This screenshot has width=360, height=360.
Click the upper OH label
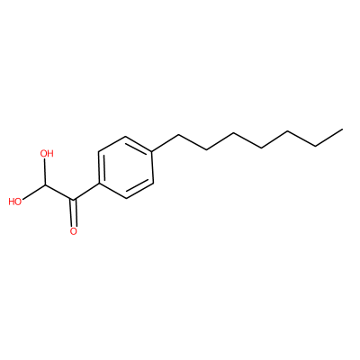pyautogui.click(x=47, y=154)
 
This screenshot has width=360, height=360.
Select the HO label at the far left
pyautogui.click(x=15, y=202)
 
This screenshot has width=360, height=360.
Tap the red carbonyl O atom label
pyautogui.click(x=73, y=231)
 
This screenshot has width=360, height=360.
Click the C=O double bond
pyautogui.click(x=73, y=213)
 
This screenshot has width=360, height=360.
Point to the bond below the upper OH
pyautogui.click(x=45, y=172)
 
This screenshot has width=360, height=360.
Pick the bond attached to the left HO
pyautogui.click(x=34, y=192)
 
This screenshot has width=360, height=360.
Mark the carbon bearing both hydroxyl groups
pyautogui.click(x=45, y=184)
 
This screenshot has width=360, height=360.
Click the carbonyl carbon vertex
pyautogui.click(x=73, y=200)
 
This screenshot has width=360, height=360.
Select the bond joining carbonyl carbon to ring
pyautogui.click(x=85, y=192)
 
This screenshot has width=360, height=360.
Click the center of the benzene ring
pyautogui.click(x=126, y=167)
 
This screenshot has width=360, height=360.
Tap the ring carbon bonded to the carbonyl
pyautogui.click(x=99, y=184)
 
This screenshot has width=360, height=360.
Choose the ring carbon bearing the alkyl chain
pyautogui.click(x=152, y=151)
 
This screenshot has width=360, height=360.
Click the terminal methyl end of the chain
pyautogui.click(x=342, y=130)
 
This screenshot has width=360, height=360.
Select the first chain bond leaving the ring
pyautogui.click(x=165, y=143)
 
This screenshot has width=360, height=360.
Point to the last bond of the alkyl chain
pyautogui.click(x=328, y=138)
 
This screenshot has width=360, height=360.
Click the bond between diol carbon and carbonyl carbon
pyautogui.click(x=59, y=192)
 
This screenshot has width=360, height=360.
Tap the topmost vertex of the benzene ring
pyautogui.click(x=125, y=137)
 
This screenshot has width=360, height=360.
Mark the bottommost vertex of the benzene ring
pyautogui.click(x=127, y=198)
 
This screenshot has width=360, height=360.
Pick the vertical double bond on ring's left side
pyautogui.click(x=101, y=168)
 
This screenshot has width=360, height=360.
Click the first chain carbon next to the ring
pyautogui.click(x=178, y=135)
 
